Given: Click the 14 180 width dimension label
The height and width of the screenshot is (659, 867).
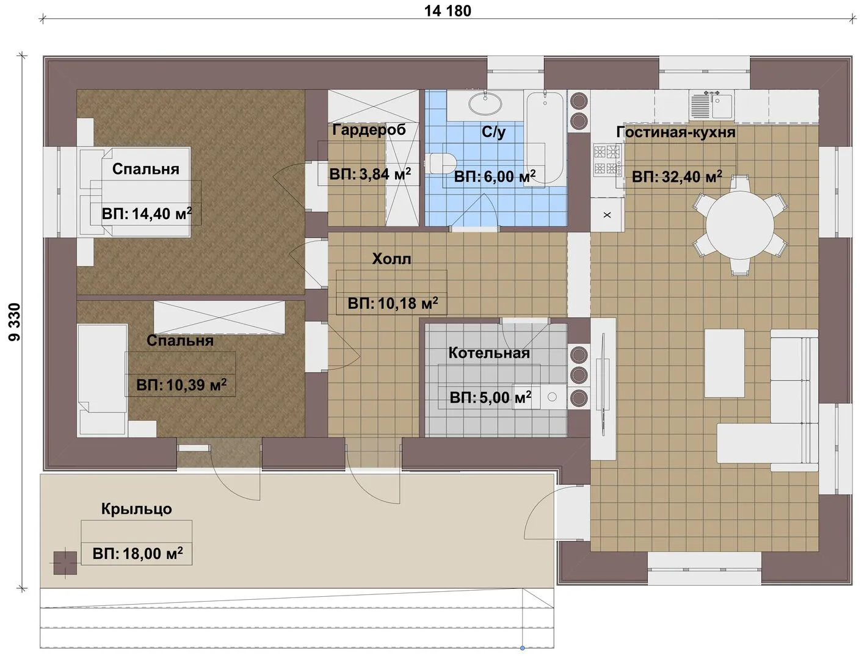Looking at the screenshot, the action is pyautogui.click(x=448, y=10).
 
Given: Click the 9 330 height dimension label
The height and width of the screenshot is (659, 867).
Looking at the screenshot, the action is pyautogui.click(x=15, y=322).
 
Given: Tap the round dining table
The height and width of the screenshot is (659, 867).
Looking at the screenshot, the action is pyautogui.click(x=740, y=225).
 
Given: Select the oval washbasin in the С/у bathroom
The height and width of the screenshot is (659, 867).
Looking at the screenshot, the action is pyautogui.click(x=485, y=104).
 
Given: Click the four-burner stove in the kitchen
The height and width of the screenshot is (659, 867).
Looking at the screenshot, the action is pyautogui.click(x=608, y=159).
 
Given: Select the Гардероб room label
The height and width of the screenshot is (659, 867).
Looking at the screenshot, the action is pyautogui.click(x=369, y=130).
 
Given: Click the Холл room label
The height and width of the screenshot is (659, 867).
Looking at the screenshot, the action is pyautogui.click(x=391, y=259).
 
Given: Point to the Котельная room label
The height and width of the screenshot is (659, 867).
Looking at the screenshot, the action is pyautogui.click(x=489, y=353).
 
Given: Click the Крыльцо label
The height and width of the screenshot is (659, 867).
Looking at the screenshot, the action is pyautogui.click(x=137, y=509).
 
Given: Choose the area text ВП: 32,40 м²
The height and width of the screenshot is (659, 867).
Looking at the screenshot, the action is pyautogui.click(x=677, y=177).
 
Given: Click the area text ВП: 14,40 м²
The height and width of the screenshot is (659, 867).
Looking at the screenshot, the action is pyautogui.click(x=147, y=214).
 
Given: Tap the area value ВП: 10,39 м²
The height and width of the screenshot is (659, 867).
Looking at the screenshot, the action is pyautogui.click(x=181, y=385).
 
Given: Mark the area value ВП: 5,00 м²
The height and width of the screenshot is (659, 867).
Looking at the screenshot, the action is pyautogui.click(x=490, y=397).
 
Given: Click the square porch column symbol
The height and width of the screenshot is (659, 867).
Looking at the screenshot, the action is pyautogui.click(x=65, y=563).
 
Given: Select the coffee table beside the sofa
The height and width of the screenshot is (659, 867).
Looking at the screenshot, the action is pyautogui.click(x=724, y=363).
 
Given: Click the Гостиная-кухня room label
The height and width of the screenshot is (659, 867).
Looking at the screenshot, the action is pyautogui.click(x=676, y=132).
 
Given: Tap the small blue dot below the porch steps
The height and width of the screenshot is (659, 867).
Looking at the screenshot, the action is pyautogui.click(x=522, y=648).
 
